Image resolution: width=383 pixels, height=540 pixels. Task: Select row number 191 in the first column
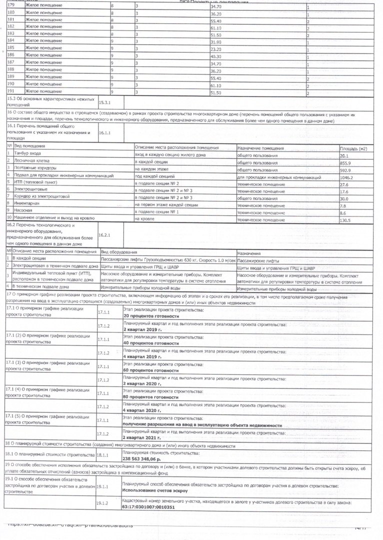pyautogui.click(x=11, y=91)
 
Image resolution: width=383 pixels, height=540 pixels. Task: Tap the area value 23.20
pyautogui.click(x=216, y=49)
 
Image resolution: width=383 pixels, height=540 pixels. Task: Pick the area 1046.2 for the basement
pyautogui.click(x=346, y=177)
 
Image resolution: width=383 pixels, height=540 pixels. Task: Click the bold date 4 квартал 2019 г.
pyautogui.click(x=142, y=357)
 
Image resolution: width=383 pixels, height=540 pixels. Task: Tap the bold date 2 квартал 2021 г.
pyautogui.click(x=142, y=437)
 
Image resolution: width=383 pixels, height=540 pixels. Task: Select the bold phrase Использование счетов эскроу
pyautogui.click(x=155, y=491)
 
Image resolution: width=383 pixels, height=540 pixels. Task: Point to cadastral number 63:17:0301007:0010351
pyautogui.click(x=148, y=506)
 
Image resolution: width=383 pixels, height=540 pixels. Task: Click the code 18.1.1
pyautogui.click(x=103, y=455)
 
